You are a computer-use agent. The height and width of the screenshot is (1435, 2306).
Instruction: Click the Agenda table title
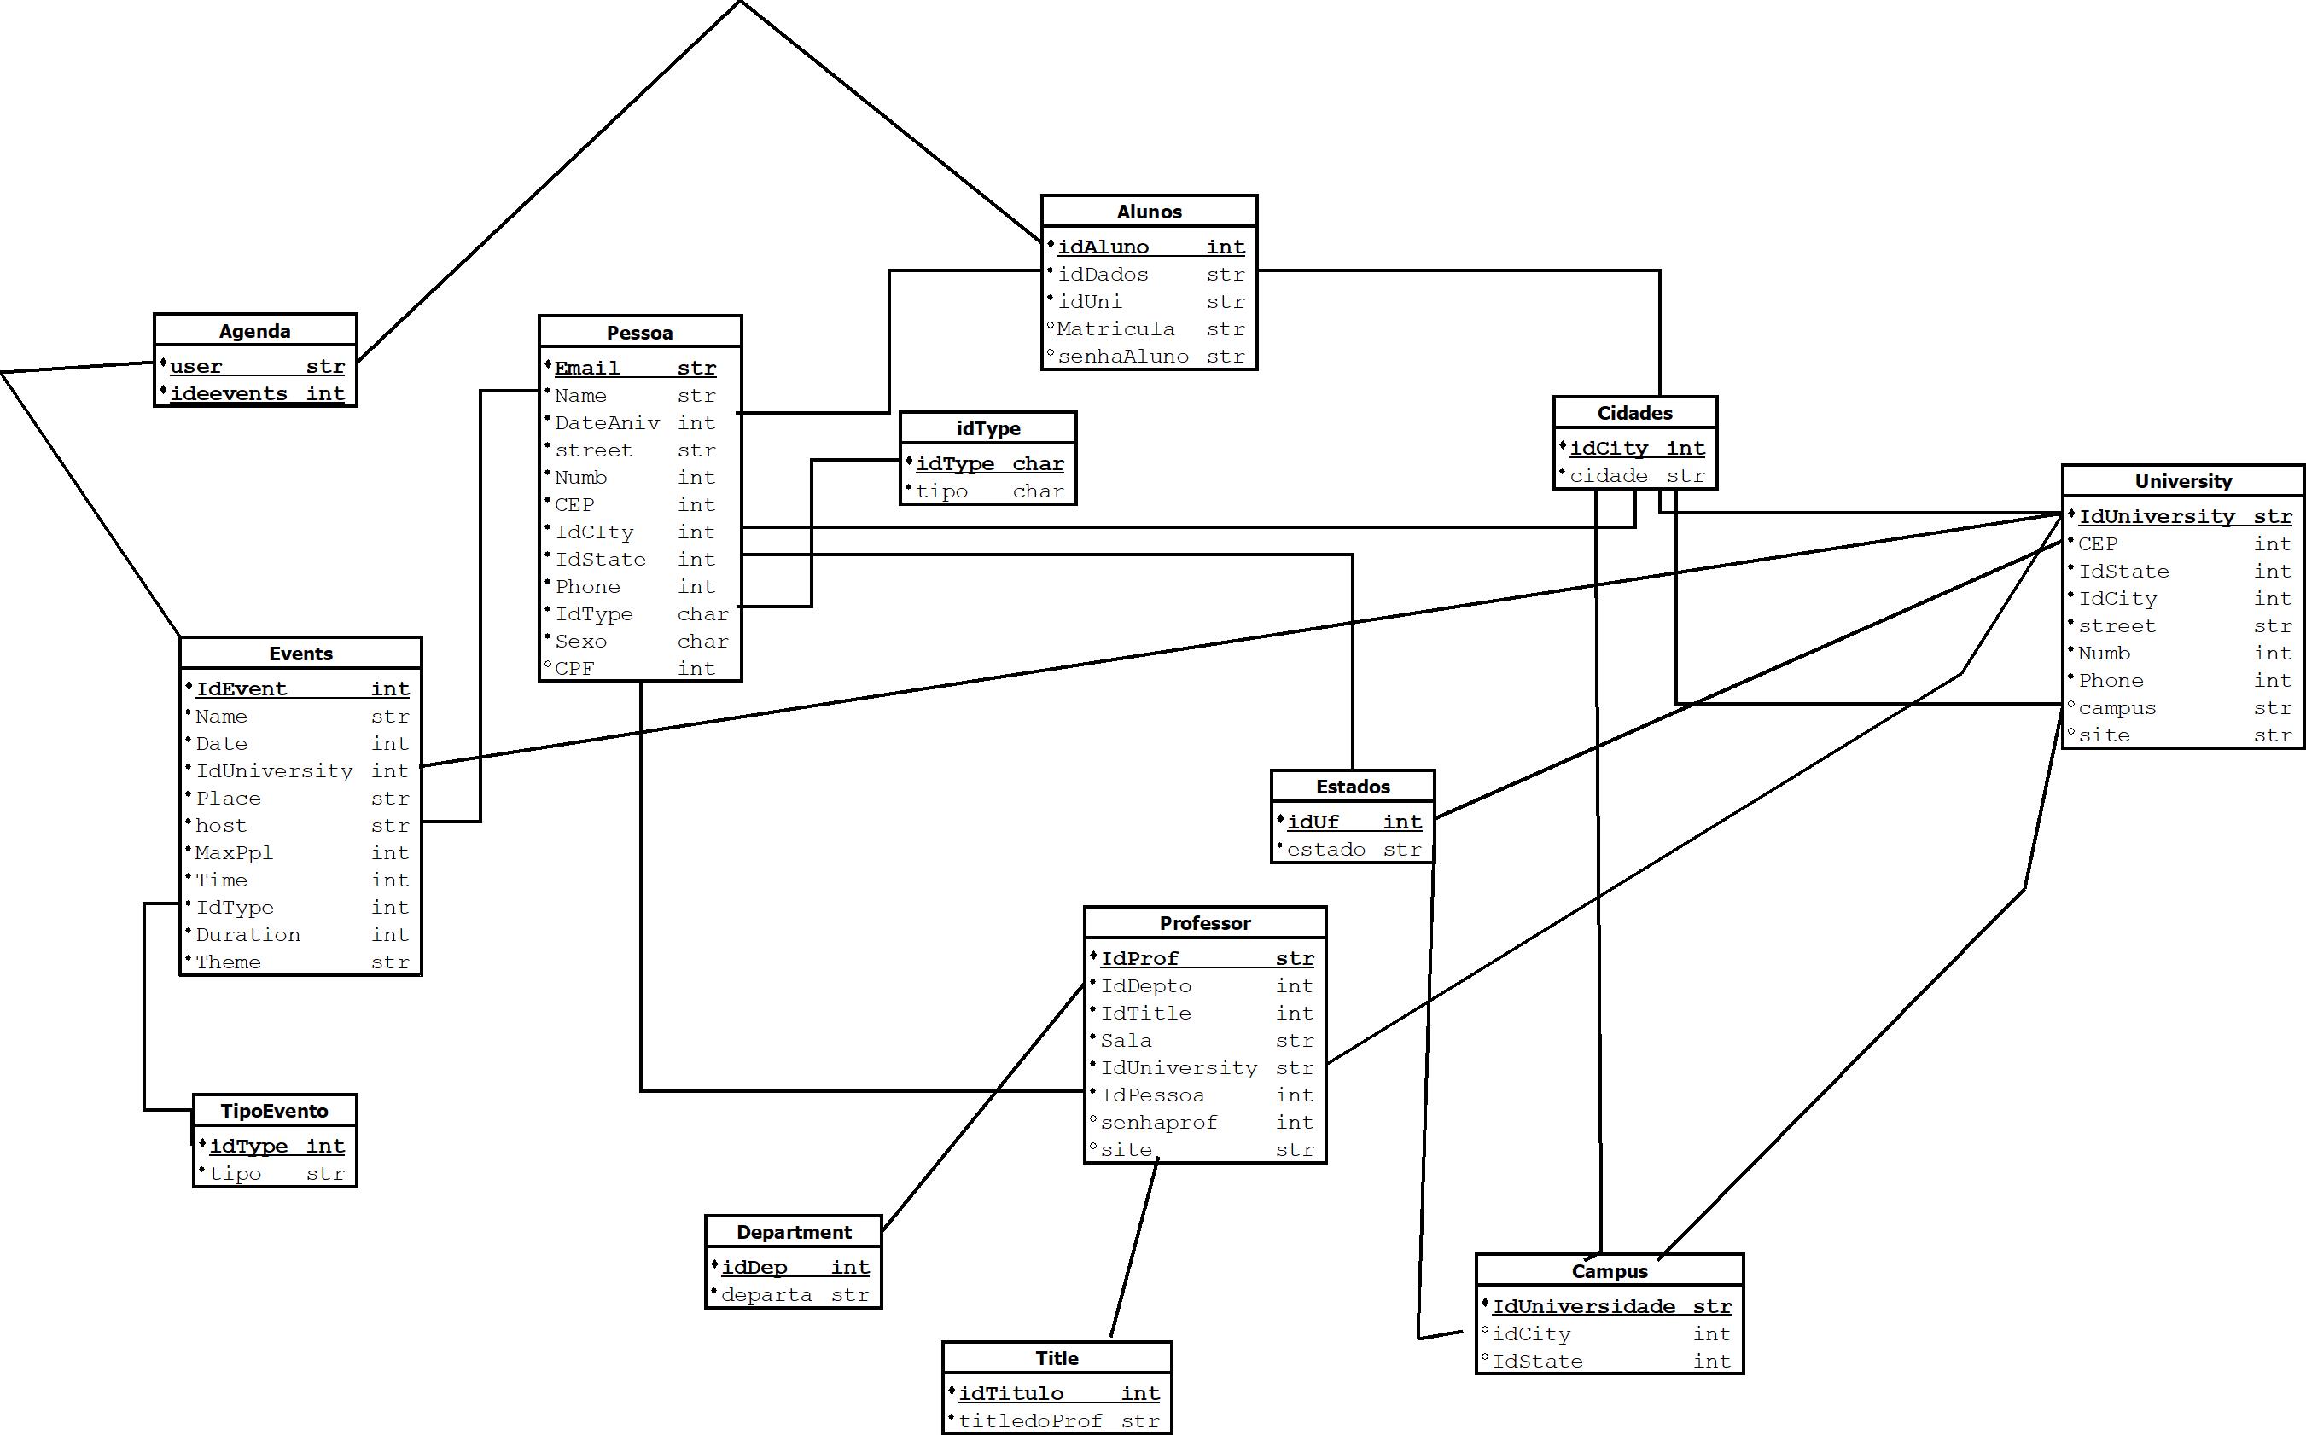(254, 331)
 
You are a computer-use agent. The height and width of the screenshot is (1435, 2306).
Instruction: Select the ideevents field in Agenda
(229, 394)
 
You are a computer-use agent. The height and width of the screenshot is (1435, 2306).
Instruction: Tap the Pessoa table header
(639, 333)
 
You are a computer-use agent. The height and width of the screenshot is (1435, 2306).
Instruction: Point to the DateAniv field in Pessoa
(607, 423)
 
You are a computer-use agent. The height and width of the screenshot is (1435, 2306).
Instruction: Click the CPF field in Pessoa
(574, 669)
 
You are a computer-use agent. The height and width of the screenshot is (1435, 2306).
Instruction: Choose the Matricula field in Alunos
(1115, 329)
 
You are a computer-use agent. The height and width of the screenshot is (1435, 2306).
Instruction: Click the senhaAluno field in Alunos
(1123, 357)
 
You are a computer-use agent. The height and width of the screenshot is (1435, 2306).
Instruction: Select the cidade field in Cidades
(1608, 476)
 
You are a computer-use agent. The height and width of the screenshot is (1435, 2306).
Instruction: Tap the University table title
(2182, 481)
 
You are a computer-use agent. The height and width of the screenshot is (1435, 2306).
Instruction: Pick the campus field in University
(2117, 708)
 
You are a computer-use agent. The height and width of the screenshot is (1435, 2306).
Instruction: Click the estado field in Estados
(1325, 851)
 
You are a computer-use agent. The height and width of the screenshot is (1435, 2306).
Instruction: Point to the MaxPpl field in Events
(234, 853)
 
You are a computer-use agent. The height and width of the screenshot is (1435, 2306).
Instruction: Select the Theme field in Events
(228, 962)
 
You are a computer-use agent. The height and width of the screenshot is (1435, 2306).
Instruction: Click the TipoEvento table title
(274, 1112)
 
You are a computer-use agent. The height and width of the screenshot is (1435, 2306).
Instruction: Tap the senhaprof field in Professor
(1158, 1123)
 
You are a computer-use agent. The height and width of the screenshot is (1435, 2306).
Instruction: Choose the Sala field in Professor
(1126, 1041)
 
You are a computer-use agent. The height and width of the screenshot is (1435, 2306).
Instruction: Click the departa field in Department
(766, 1295)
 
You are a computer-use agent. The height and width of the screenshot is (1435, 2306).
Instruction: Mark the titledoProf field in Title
(1030, 1421)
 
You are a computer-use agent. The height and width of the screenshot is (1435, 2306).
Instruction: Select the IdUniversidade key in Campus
(1582, 1307)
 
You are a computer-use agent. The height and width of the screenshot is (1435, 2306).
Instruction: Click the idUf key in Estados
(1313, 822)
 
